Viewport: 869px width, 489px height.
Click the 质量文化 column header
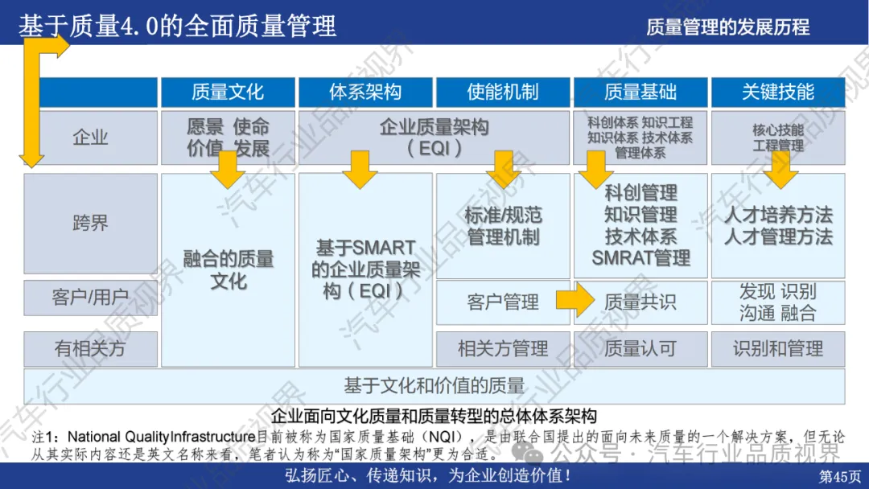click(228, 92)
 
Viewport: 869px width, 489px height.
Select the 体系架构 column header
click(365, 92)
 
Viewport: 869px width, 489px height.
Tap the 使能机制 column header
click(503, 92)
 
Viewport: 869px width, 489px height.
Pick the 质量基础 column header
click(640, 92)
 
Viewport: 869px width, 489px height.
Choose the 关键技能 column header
click(778, 92)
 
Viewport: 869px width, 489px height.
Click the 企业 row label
click(90, 138)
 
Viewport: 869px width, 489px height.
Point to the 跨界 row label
click(90, 223)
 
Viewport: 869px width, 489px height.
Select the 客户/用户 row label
click(90, 298)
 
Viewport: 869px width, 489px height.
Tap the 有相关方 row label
click(90, 348)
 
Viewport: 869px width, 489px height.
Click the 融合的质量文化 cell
click(228, 270)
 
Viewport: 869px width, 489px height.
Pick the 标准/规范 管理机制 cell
click(503, 226)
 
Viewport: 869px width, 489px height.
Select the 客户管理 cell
click(503, 302)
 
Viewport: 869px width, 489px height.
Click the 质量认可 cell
click(640, 348)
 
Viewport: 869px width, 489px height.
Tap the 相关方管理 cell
click(503, 348)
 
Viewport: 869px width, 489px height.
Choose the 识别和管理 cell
click(778, 348)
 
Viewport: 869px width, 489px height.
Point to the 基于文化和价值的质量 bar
click(434, 386)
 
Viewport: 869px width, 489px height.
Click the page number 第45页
click(839, 476)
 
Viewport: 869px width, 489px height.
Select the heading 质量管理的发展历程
click(727, 27)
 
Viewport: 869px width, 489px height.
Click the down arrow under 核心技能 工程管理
click(777, 168)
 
